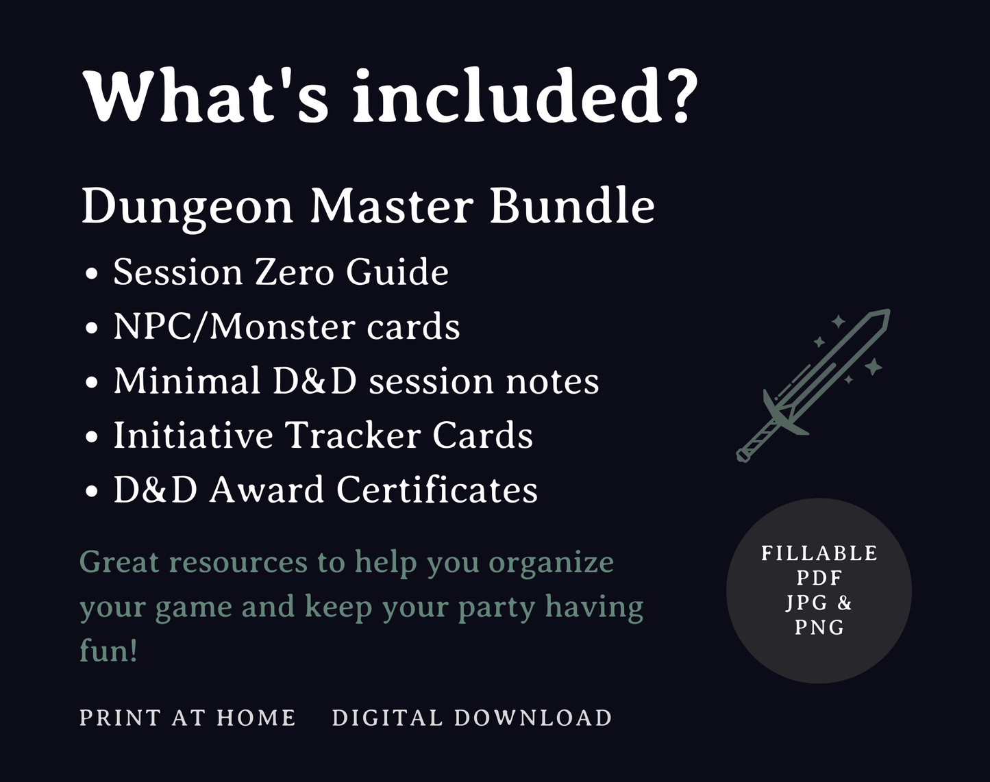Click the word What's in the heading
click(205, 96)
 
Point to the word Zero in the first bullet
click(295, 272)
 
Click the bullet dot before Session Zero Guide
click(92, 273)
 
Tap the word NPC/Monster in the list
click(234, 327)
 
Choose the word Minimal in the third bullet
click(187, 381)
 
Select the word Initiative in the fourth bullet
click(193, 435)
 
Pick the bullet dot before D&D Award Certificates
click(92, 491)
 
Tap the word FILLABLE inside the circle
click(819, 553)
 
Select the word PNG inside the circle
click(819, 627)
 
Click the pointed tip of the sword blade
click(889, 311)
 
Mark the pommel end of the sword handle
click(741, 457)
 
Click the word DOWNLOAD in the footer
click(533, 718)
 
